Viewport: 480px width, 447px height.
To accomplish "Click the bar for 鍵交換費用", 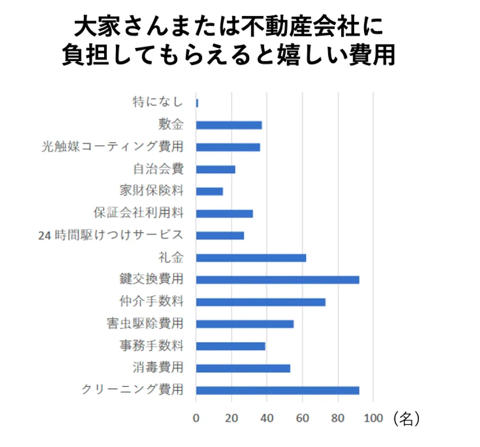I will point(278,280).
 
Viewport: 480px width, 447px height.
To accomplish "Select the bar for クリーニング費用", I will point(278,390).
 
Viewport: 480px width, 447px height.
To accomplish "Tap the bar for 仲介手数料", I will point(261,302).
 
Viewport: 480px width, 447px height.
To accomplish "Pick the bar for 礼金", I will point(251,258).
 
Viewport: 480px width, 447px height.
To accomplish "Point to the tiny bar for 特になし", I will point(197,103).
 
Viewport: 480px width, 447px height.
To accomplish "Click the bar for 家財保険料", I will point(209,191).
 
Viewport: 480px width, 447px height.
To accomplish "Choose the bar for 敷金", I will point(229,125).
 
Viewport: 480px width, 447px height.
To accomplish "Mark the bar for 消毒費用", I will point(243,368).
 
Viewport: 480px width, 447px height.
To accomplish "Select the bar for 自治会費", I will point(215,169).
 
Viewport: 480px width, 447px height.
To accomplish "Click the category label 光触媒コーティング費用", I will point(113,147).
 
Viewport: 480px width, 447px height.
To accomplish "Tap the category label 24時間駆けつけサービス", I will point(111,235).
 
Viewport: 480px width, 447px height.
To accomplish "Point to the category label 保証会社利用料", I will point(138,213).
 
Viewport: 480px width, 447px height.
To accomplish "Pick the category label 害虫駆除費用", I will point(145,324).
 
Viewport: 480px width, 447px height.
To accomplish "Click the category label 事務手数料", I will point(151,346).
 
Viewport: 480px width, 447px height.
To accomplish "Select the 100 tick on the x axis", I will point(373,418).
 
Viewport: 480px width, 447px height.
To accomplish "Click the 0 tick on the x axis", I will point(196,418).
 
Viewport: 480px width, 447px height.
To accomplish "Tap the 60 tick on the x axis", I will point(303,418).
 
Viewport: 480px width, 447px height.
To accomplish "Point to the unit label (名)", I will point(407,418).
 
